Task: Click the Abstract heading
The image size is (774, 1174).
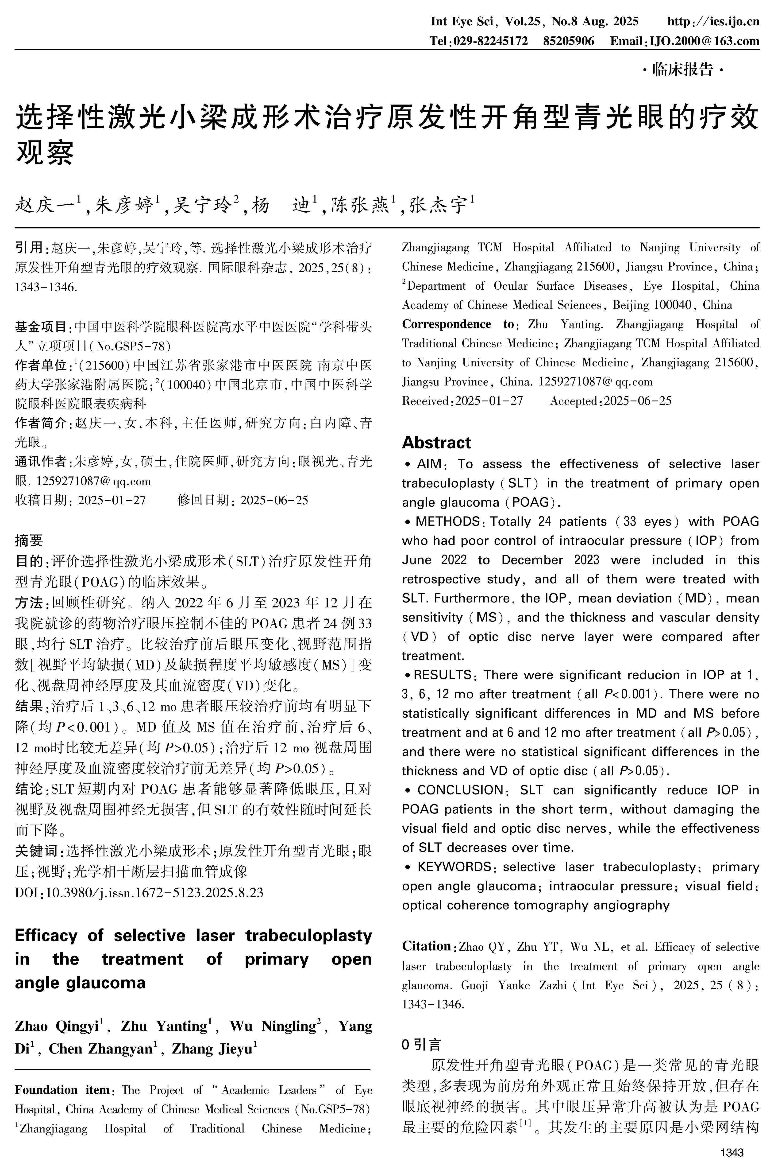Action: [x=436, y=443]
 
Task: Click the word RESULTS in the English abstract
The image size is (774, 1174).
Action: [x=443, y=675]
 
